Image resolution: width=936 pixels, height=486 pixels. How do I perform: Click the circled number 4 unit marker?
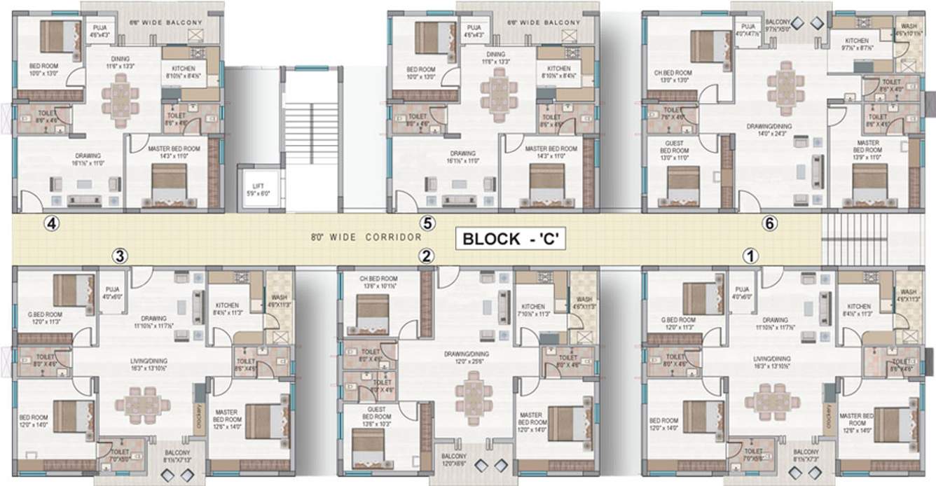[x=51, y=223]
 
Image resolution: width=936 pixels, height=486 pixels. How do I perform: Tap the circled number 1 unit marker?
[x=751, y=256]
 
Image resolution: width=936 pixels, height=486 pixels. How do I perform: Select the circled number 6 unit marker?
[x=770, y=223]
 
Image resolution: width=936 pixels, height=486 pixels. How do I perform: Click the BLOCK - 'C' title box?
[x=510, y=238]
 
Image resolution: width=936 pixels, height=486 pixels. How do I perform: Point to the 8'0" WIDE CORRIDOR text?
[x=366, y=237]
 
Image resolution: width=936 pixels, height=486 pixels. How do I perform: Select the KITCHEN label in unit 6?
[x=857, y=44]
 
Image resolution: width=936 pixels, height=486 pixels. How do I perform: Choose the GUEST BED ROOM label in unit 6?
[x=674, y=151]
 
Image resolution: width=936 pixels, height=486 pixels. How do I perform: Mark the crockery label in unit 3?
[x=199, y=418]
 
